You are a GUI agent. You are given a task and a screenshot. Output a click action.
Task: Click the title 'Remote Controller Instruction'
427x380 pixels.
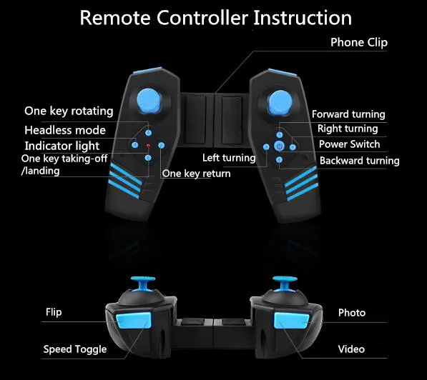point(215,17)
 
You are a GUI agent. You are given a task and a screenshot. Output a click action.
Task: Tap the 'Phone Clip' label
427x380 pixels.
point(358,43)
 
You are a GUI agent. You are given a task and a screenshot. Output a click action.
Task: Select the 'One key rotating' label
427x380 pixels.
point(69,111)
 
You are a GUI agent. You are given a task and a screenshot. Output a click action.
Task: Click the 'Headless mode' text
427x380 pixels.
point(64,130)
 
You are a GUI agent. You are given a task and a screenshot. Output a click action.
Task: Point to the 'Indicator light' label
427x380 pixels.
point(62,146)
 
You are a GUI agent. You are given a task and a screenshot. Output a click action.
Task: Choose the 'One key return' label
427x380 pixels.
point(196,174)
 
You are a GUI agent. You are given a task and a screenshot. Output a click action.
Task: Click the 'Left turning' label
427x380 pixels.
point(229,158)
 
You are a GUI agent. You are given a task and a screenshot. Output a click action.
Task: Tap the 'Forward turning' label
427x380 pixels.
point(348,114)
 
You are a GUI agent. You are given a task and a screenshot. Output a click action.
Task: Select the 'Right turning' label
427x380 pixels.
point(348,129)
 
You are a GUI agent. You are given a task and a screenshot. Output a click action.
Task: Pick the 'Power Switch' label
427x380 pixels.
point(350,144)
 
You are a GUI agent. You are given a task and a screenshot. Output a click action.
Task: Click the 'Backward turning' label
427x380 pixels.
point(359,161)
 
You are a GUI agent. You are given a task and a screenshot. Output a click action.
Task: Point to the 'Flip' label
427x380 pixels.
point(54,312)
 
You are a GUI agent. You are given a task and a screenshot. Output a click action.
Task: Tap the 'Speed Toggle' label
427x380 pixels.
point(75,349)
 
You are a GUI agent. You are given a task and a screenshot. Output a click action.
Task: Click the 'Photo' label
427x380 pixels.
point(352,313)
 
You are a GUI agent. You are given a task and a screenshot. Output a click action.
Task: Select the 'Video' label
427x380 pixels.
point(351,349)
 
